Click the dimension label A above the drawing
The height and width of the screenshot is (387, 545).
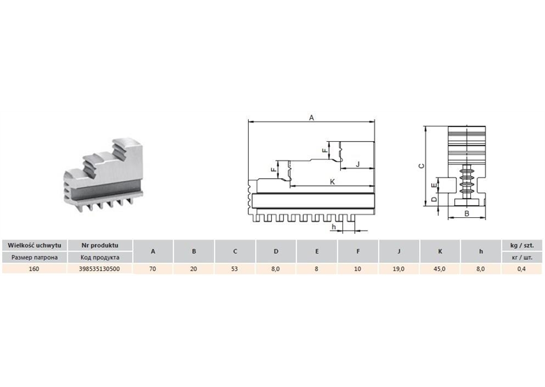312,118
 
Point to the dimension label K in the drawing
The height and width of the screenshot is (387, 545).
333,182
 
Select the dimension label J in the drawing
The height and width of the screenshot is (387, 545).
358,164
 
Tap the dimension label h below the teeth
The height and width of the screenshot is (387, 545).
334,227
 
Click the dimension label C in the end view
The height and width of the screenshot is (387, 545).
421,166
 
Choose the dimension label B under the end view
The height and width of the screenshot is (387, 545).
467,214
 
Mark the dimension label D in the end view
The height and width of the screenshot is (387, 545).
434,199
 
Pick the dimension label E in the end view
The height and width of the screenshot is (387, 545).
434,186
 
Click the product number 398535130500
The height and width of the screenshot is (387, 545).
99,268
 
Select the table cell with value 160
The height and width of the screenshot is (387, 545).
34,268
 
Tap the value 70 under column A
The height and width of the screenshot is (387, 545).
152,268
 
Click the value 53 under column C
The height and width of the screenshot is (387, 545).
234,268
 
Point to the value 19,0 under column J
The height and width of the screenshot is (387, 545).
398,268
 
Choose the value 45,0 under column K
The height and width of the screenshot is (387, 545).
439,268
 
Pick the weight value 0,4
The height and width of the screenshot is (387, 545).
521,268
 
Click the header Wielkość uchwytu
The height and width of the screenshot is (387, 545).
34,245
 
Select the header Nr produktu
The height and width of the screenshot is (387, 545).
100,245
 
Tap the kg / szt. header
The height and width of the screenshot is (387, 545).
522,245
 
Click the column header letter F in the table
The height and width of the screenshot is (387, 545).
358,251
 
